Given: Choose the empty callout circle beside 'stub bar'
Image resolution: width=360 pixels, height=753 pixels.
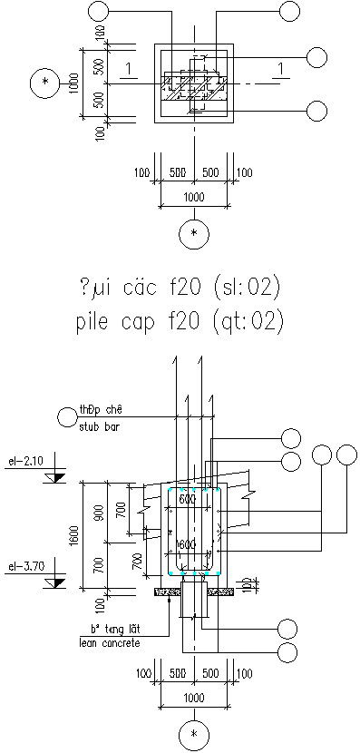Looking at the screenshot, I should coord(66,416).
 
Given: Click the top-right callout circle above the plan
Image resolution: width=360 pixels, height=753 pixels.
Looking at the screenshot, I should coord(290,12).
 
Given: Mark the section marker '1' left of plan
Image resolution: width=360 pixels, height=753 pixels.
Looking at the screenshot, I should coord(131,69).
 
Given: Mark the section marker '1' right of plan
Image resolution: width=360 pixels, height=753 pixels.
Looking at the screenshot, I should coord(283,69).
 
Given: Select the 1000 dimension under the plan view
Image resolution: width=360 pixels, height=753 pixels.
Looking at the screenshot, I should coord(193,197).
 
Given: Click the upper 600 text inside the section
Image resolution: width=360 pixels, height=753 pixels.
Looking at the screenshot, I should coord(186,500).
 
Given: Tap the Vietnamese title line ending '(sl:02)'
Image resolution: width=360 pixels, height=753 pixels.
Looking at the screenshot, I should coord(181,288).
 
